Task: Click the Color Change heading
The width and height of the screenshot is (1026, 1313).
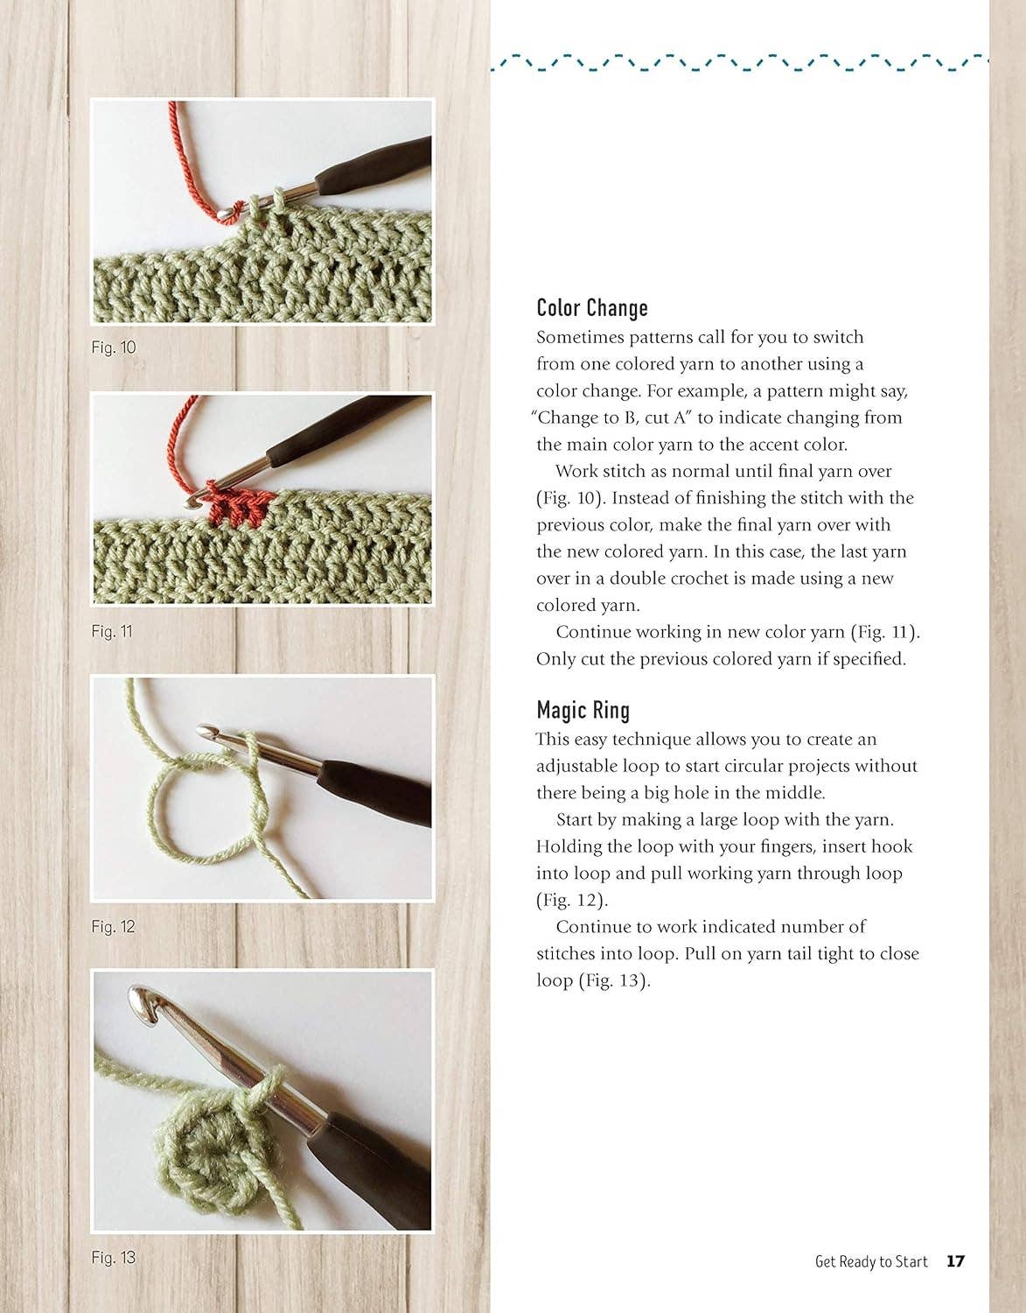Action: pyautogui.click(x=592, y=307)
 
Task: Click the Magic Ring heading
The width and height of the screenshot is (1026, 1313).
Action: pyautogui.click(x=583, y=710)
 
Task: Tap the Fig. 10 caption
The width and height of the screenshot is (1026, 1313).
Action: pyautogui.click(x=114, y=348)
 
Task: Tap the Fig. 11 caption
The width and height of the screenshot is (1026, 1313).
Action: pyautogui.click(x=112, y=631)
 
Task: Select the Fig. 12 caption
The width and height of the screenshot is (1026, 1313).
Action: pyautogui.click(x=113, y=927)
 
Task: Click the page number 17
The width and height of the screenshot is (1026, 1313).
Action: pyautogui.click(x=955, y=1261)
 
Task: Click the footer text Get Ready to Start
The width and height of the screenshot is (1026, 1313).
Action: pyautogui.click(x=871, y=1261)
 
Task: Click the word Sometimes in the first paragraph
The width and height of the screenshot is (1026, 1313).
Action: pyautogui.click(x=580, y=337)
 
